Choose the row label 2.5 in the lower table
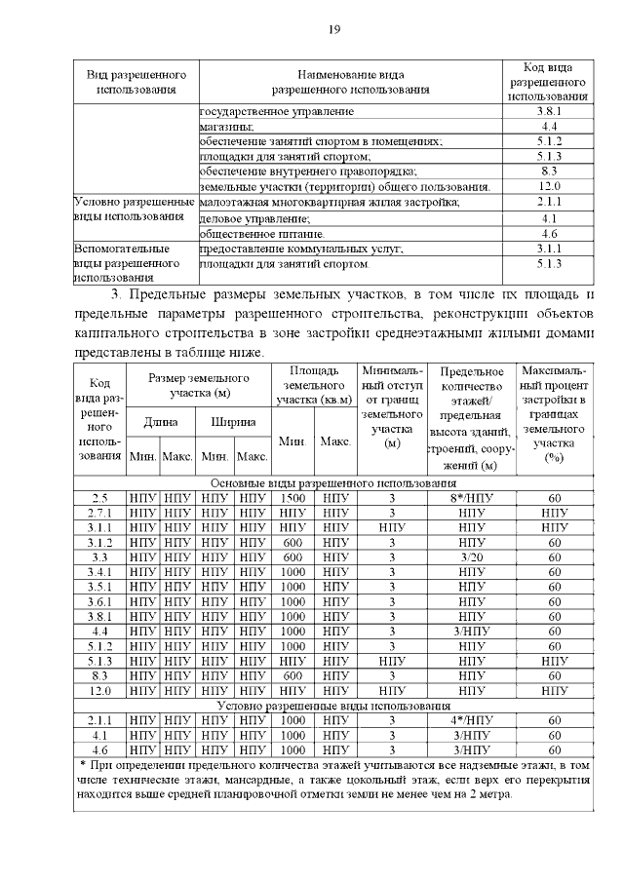pos(99,497)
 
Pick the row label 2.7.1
pos(99,513)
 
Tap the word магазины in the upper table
pos(226,127)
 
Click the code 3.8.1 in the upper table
pos(548,112)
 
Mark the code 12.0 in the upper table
pos(548,186)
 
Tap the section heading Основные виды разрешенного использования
pos(333,482)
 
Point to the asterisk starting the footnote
pos(82,765)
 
